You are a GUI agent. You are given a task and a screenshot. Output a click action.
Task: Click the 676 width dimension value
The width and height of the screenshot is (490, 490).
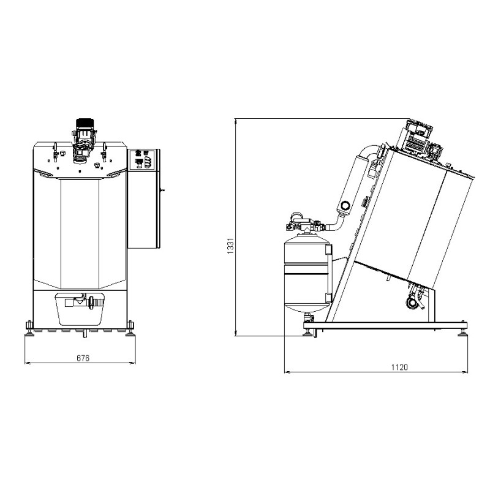click(83, 358)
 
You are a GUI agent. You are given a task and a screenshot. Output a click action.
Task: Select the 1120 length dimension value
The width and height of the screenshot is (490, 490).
click(399, 367)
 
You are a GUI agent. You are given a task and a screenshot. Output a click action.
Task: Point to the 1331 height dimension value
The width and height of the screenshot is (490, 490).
click(230, 246)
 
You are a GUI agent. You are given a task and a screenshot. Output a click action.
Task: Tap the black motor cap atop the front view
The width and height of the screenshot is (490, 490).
click(85, 123)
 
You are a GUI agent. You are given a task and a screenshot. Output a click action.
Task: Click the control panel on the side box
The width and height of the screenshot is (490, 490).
click(143, 160)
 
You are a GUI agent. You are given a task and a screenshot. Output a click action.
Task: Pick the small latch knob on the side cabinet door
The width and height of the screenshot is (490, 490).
click(162, 190)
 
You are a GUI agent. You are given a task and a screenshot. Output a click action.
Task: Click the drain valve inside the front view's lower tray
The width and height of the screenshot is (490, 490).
click(84, 302)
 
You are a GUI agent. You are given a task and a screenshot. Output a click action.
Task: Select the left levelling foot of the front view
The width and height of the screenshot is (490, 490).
click(29, 329)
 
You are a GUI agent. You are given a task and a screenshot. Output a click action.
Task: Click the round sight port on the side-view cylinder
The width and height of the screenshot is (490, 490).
click(345, 206)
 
